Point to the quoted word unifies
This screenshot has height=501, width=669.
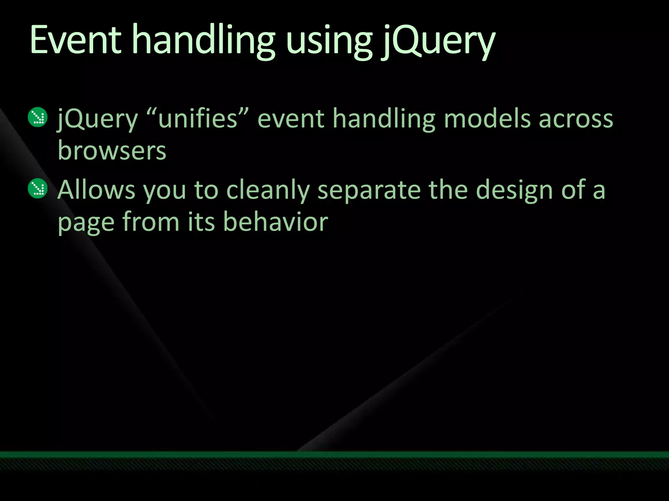click(x=198, y=118)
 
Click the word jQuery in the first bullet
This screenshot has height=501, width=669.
click(x=97, y=118)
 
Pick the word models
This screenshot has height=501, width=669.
click(x=487, y=118)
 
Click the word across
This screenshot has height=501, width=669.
click(x=576, y=118)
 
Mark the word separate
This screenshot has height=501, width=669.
click(x=369, y=190)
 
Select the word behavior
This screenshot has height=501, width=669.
click(x=275, y=222)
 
